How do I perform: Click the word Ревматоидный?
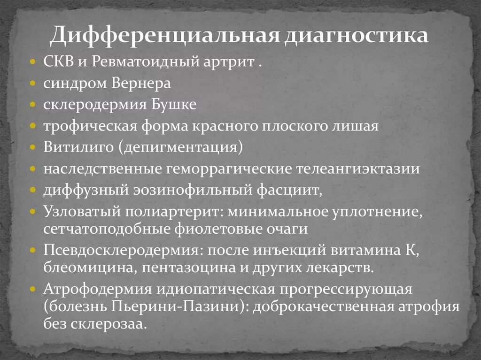click(143, 62)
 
